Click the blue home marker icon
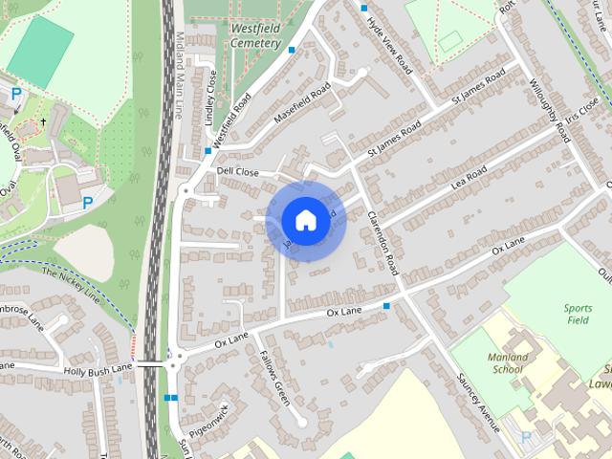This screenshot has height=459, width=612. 304,221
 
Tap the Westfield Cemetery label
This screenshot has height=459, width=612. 255,35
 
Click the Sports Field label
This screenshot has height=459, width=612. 578,315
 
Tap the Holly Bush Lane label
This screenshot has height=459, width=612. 97,366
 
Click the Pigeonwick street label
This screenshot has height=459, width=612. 210,420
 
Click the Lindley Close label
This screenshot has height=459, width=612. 210,92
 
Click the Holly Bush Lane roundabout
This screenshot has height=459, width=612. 172,363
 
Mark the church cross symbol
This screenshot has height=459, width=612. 43,122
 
